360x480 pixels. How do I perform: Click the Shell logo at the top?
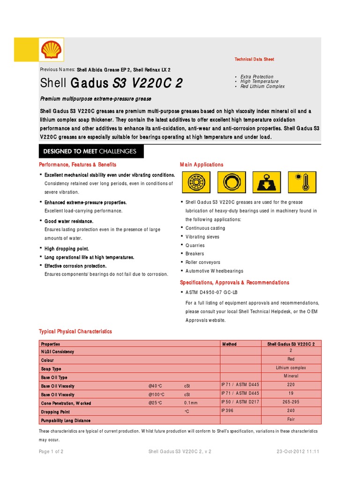[52, 50]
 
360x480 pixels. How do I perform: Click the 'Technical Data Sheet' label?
[254, 60]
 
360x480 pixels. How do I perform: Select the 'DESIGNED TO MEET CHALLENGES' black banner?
[91, 151]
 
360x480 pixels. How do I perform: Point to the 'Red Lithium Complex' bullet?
[262, 86]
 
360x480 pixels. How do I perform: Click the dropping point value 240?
[291, 411]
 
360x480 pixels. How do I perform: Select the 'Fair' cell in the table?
[291, 420]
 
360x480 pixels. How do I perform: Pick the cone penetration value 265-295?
[291, 402]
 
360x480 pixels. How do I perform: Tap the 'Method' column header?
[229, 344]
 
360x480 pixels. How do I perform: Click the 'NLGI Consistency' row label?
[57, 352]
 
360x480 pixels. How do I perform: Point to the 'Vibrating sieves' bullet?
[202, 237]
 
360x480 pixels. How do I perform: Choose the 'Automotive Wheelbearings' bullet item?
[214, 271]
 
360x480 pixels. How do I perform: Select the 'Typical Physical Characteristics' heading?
[75, 331]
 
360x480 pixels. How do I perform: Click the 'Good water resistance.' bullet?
[69, 221]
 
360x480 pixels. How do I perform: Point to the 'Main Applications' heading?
[202, 165]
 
